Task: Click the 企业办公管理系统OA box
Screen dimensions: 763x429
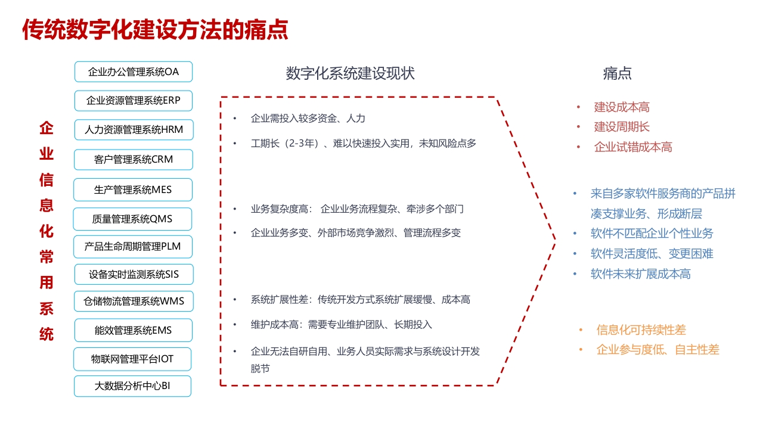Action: click(134, 72)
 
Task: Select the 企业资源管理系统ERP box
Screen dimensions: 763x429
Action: click(134, 101)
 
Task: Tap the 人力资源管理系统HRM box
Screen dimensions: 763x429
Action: click(134, 130)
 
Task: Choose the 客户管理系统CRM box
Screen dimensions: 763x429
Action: click(134, 160)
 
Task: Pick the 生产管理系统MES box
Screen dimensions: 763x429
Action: click(133, 189)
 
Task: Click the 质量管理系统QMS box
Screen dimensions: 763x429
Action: click(132, 219)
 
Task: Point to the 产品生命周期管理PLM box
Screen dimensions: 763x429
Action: click(133, 247)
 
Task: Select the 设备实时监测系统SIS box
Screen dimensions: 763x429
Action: click(134, 275)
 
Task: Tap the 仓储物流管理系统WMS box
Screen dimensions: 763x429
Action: click(134, 301)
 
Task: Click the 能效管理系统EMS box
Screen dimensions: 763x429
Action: click(134, 330)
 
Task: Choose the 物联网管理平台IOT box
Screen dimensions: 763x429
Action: click(132, 359)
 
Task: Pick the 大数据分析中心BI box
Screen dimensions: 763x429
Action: click(132, 386)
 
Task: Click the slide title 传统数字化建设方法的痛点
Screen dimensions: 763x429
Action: click(156, 30)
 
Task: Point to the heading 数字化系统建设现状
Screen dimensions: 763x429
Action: click(350, 73)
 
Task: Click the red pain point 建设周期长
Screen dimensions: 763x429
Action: click(622, 127)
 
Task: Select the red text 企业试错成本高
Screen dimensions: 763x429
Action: click(633, 147)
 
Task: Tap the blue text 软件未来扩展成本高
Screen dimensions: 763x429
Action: click(640, 274)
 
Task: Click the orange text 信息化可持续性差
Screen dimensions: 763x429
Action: click(641, 330)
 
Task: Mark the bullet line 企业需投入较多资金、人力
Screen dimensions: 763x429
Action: click(308, 119)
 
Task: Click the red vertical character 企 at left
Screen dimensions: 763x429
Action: click(46, 128)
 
